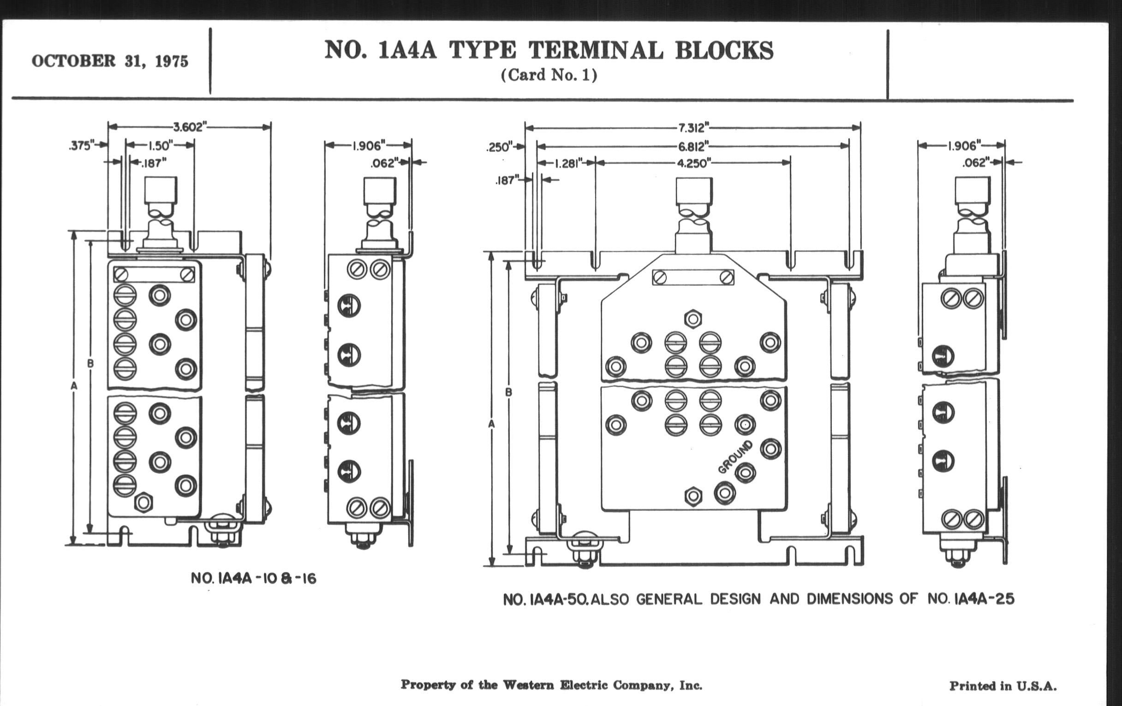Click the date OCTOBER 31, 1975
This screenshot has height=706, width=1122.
(x=110, y=61)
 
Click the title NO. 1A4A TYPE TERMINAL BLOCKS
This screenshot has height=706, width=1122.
(x=549, y=50)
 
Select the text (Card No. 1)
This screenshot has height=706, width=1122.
(x=549, y=76)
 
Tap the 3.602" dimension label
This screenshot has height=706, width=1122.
(x=189, y=127)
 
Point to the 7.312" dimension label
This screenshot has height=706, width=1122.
(x=693, y=127)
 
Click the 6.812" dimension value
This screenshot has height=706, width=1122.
(x=693, y=146)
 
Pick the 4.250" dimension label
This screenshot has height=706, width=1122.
(x=693, y=163)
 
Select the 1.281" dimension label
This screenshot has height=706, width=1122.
(x=568, y=163)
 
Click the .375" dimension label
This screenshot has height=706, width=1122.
(x=81, y=146)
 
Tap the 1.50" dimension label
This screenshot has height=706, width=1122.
(x=160, y=146)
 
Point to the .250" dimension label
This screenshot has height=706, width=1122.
(x=498, y=147)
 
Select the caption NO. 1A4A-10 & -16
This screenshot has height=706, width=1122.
(x=253, y=578)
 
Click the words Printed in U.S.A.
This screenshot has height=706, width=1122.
(x=1003, y=686)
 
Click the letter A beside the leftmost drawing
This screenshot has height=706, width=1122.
(x=74, y=386)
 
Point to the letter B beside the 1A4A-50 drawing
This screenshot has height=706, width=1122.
(x=508, y=392)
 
